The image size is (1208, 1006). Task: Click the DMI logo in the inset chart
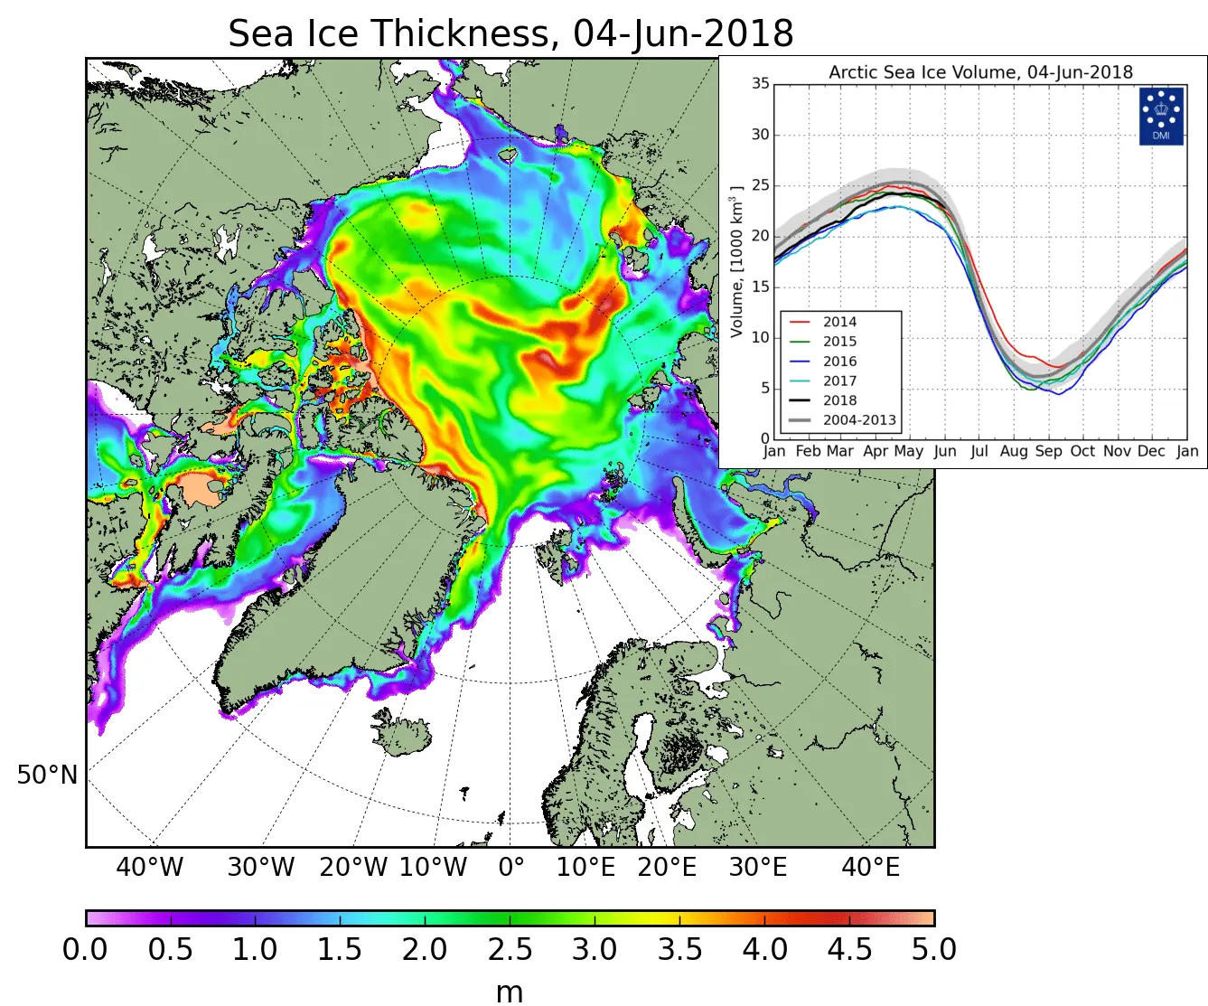click(x=1161, y=116)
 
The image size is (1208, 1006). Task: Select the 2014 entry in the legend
click(x=839, y=322)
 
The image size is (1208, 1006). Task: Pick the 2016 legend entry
click(x=839, y=362)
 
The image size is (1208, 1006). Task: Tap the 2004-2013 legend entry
click(x=858, y=420)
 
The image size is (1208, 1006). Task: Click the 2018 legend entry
click(x=839, y=400)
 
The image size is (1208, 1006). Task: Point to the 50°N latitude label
click(x=47, y=776)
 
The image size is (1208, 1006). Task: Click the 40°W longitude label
click(x=149, y=868)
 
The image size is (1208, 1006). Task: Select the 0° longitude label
click(x=511, y=868)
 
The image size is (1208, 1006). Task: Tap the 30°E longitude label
click(x=758, y=868)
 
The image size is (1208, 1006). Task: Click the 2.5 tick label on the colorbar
click(x=510, y=950)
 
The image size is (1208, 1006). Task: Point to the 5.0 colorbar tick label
click(x=933, y=950)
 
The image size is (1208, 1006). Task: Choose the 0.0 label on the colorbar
click(x=85, y=950)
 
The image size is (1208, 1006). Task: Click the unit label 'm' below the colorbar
click(x=510, y=992)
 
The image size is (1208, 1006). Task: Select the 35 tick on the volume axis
click(x=761, y=84)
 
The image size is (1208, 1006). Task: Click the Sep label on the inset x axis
click(x=1048, y=451)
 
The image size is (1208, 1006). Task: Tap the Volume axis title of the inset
click(x=737, y=262)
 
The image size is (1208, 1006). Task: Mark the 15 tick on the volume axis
click(x=761, y=287)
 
